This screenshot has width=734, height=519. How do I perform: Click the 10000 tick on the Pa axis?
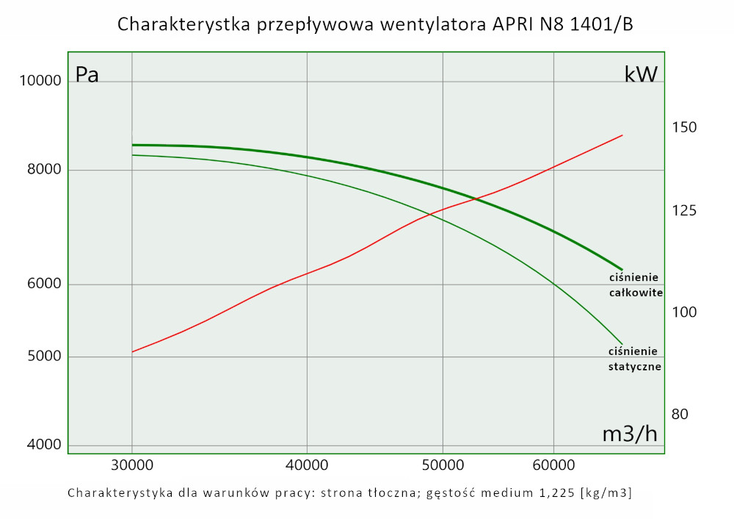pyautogui.click(x=40, y=81)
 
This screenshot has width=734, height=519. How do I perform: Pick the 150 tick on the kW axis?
pyautogui.click(x=684, y=128)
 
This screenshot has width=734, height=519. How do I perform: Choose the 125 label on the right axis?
pyautogui.click(x=684, y=212)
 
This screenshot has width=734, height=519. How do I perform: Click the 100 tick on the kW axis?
pyautogui.click(x=684, y=312)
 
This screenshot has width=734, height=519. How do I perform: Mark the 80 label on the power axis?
pyautogui.click(x=680, y=415)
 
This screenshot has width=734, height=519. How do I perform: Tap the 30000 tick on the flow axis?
pyautogui.click(x=131, y=465)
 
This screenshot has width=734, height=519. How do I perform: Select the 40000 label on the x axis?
pyautogui.click(x=306, y=465)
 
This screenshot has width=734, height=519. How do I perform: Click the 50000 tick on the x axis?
pyautogui.click(x=443, y=465)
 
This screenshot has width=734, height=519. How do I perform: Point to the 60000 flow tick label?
pyautogui.click(x=553, y=465)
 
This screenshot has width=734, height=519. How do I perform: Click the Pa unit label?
pyautogui.click(x=87, y=75)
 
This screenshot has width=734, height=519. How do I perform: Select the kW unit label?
pyautogui.click(x=640, y=75)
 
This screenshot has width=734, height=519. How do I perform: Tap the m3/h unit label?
pyautogui.click(x=630, y=434)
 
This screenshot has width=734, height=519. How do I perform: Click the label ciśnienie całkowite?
pyautogui.click(x=636, y=285)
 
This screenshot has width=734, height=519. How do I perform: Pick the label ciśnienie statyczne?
pyautogui.click(x=635, y=358)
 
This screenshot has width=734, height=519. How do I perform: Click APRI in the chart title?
pyautogui.click(x=506, y=25)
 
